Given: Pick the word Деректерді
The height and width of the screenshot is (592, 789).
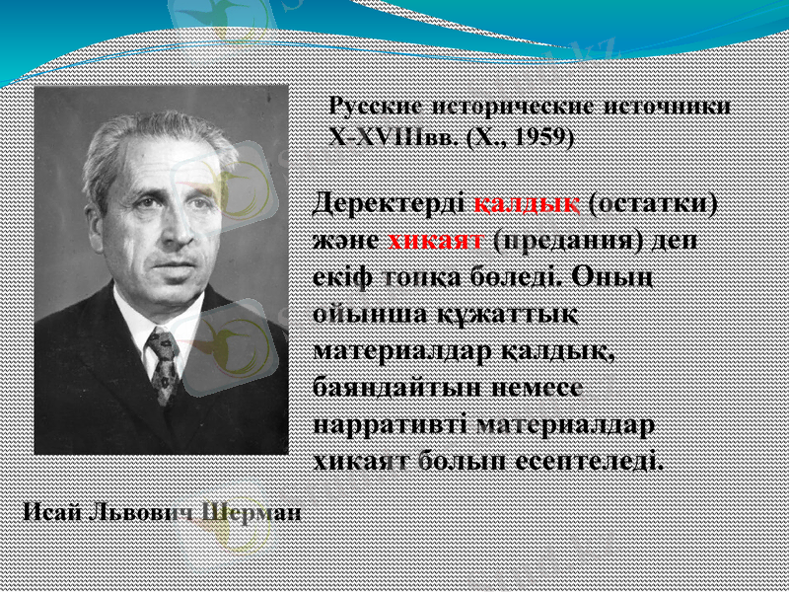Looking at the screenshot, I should click(389, 204).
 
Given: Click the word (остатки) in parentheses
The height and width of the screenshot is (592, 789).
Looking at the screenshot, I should click(652, 204).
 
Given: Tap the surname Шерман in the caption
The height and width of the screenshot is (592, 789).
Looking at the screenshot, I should click(252, 512).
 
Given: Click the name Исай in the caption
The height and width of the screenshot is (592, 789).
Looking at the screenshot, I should click(50, 512).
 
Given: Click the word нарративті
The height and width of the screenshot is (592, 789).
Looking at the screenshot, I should click(390, 425).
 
